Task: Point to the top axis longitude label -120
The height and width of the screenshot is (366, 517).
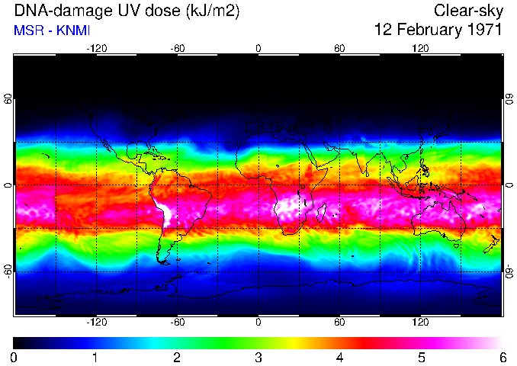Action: [x=96, y=48]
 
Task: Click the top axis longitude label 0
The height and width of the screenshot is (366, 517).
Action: [x=258, y=48]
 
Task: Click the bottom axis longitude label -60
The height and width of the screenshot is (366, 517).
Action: [x=177, y=323]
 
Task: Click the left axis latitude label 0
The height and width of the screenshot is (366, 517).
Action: [x=9, y=185]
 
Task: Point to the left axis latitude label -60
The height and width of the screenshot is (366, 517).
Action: [x=9, y=270]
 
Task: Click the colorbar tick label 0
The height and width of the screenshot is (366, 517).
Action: [x=14, y=357]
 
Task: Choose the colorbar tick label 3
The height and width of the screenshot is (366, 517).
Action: [x=258, y=357]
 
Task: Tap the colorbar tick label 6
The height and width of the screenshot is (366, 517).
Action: [x=502, y=357]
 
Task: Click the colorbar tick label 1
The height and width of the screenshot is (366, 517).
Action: [x=95, y=357]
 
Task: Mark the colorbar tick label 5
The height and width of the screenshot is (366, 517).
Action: [x=420, y=357]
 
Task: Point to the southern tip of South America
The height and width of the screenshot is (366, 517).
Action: [x=165, y=261]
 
